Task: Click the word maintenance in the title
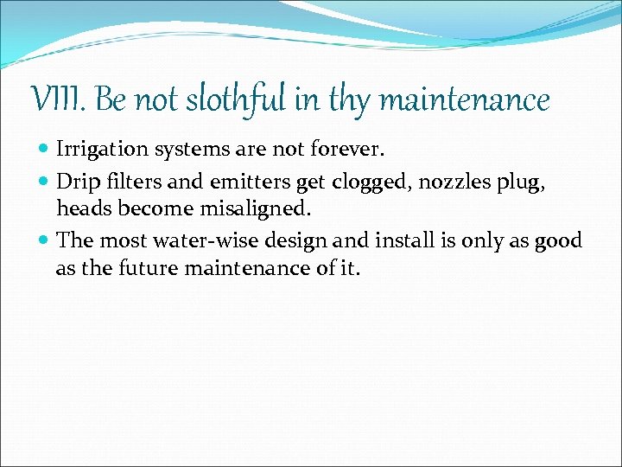tap(465, 101)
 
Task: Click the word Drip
tap(76, 181)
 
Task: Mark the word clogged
tap(369, 181)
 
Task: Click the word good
tap(559, 241)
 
